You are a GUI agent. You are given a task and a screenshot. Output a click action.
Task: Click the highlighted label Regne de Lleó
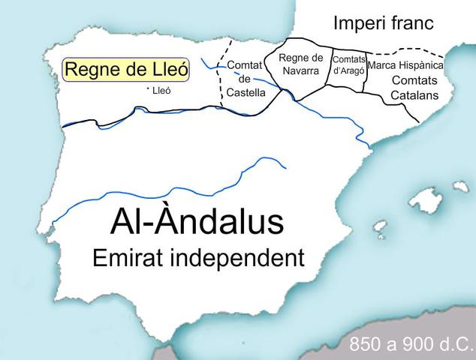pos(126,70)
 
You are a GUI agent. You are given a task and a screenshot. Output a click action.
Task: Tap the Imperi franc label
pos(383,23)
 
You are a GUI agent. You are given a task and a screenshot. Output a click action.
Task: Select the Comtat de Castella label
pos(246,79)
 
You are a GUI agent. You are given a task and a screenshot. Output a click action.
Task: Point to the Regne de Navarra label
pos(300,64)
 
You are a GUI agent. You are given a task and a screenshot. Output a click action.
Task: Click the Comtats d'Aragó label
pos(348,64)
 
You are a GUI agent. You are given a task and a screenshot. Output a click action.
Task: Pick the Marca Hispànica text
pos(406,66)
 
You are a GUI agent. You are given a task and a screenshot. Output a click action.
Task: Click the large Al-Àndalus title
pos(197,222)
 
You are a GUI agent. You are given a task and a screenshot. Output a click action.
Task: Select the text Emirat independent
pos(197,259)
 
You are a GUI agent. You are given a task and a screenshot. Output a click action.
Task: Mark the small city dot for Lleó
pos(149,89)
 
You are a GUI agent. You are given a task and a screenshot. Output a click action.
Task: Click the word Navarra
pos(300,70)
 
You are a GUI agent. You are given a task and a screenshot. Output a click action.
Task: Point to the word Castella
pos(246,93)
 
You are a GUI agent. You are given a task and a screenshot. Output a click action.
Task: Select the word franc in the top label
pos(409,23)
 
